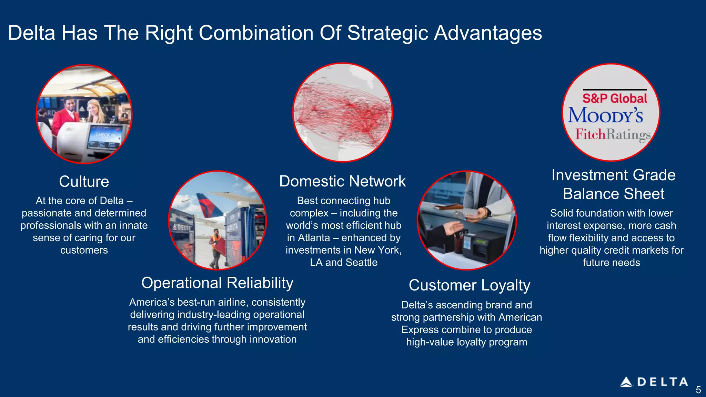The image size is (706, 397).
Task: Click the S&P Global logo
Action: pyautogui.click(x=615, y=98)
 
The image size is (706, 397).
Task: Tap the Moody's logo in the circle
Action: pyautogui.click(x=606, y=115)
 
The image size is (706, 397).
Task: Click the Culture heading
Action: pyautogui.click(x=84, y=182)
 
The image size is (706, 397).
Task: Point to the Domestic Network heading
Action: pyautogui.click(x=342, y=181)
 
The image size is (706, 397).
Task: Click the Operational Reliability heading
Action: pyautogui.click(x=217, y=283)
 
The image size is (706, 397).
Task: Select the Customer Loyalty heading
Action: pyautogui.click(x=469, y=285)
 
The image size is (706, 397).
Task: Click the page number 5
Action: pyautogui.click(x=698, y=390)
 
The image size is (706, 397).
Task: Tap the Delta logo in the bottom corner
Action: pyautogui.click(x=654, y=382)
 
